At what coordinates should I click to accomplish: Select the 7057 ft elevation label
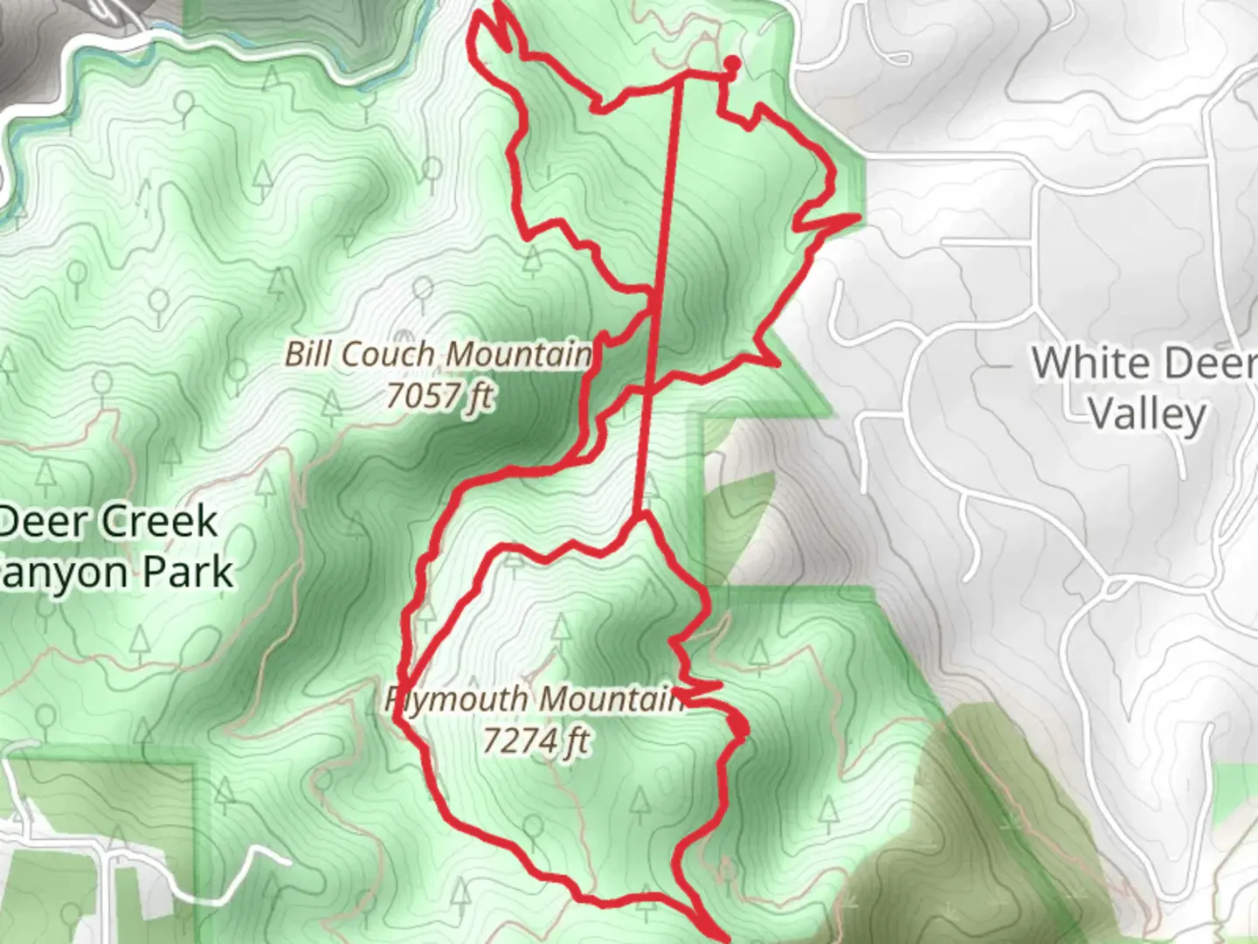pos(439,397)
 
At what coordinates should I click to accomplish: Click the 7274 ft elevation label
pos(536,741)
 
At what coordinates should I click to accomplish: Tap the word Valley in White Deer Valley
pos(1147,414)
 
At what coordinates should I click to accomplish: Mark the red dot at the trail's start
pos(732,63)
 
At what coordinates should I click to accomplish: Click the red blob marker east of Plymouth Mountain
pos(739,726)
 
